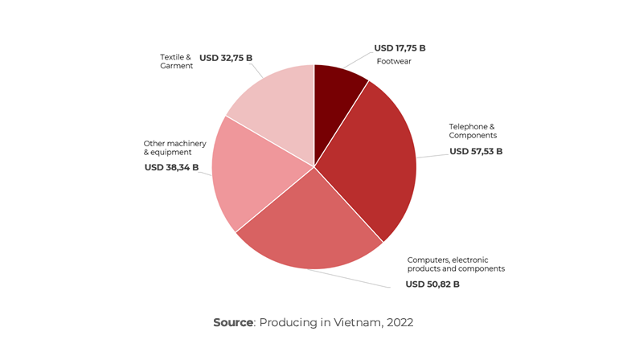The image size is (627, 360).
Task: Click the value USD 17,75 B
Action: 400,48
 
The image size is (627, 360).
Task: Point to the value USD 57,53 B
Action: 476,151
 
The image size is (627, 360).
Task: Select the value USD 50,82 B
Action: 432,284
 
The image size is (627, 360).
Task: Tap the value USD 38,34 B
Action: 171,167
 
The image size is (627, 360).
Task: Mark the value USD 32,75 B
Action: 226,58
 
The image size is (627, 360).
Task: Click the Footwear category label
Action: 394,61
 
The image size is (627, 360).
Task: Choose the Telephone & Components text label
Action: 472,131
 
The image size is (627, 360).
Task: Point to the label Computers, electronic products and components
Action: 456,264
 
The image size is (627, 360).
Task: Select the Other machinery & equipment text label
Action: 174,148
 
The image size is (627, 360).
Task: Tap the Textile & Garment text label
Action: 176,62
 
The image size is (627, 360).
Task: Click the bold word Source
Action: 233,322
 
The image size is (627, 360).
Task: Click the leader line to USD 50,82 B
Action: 354,277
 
